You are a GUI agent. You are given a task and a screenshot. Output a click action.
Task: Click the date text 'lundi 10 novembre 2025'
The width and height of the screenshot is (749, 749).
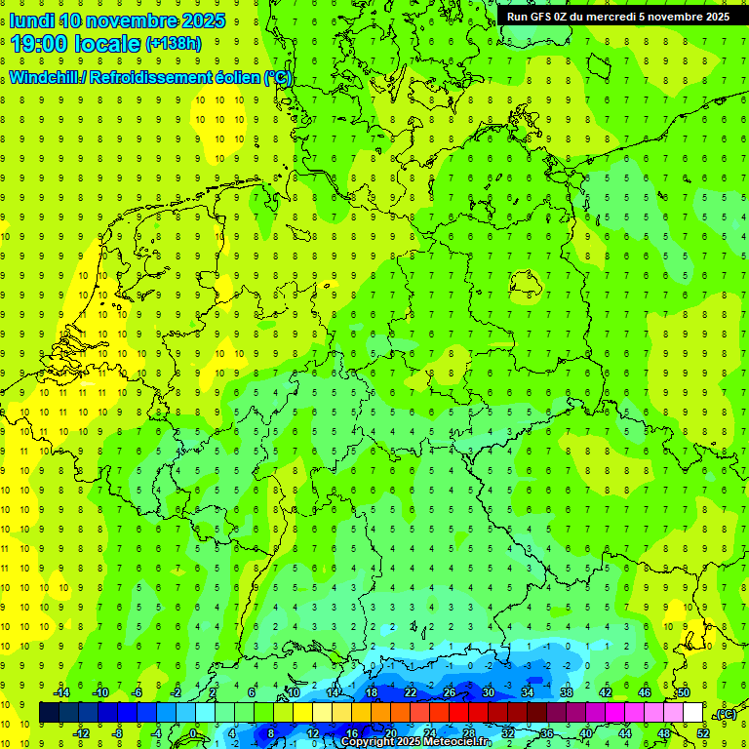[117, 20]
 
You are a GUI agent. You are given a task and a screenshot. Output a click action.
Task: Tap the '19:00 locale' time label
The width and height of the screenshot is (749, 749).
[76, 44]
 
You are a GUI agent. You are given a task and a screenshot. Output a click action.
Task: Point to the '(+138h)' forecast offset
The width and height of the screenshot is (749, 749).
[174, 44]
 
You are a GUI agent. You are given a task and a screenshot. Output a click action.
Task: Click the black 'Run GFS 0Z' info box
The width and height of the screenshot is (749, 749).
[620, 16]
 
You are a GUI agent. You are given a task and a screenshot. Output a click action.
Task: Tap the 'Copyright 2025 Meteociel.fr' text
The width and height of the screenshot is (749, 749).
[415, 742]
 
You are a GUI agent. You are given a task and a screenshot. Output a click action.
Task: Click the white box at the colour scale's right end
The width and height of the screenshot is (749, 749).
[693, 713]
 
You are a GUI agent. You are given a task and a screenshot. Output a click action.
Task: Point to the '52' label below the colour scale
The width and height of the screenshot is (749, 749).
[703, 733]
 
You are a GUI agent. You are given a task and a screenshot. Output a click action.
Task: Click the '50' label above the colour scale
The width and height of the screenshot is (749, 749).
[684, 692]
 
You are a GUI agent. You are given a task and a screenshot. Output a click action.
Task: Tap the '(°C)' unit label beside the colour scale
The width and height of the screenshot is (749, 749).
[726, 714]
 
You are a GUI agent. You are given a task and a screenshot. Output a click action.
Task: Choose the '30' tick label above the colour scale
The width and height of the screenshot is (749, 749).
[489, 692]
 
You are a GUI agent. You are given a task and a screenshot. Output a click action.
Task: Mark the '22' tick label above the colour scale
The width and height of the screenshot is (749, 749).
[411, 692]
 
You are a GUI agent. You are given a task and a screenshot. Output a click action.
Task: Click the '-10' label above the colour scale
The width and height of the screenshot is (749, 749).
[99, 692]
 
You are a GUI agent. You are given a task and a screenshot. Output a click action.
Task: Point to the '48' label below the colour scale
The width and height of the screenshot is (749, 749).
[664, 733]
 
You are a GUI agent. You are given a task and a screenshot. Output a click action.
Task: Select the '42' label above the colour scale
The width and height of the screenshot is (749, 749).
[606, 692]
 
